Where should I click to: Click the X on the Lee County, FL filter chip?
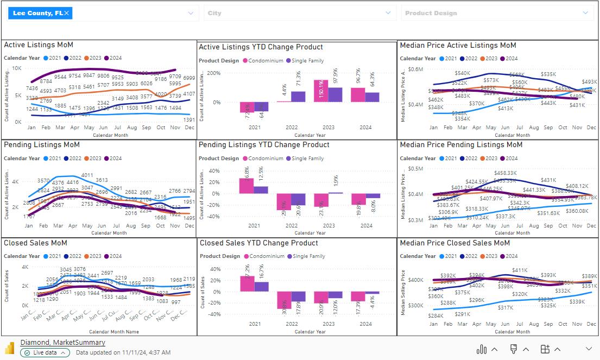pyautogui.click(x=66, y=13)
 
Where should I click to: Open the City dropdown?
pyautogui.click(x=388, y=13)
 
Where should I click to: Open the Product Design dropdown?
pyautogui.click(x=585, y=13)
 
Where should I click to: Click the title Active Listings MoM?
pyautogui.click(x=39, y=45)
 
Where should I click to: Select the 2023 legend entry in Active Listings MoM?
pyautogui.click(x=93, y=58)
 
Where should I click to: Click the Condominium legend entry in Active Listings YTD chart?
pyautogui.click(x=263, y=61)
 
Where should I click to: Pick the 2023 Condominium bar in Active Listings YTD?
pyautogui.click(x=321, y=91)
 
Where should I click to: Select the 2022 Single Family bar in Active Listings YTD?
pyautogui.click(x=298, y=97)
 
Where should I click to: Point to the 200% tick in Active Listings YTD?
pyautogui.click(x=213, y=73)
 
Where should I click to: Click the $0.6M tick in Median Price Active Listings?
pyautogui.click(x=415, y=69)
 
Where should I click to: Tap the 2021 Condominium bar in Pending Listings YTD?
pyautogui.click(x=247, y=186)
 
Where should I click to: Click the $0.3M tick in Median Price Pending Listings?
pyautogui.click(x=415, y=220)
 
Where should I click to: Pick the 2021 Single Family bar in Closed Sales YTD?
pyautogui.click(x=261, y=287)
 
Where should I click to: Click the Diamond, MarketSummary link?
pyautogui.click(x=62, y=343)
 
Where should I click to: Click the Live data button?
pyautogui.click(x=45, y=352)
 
